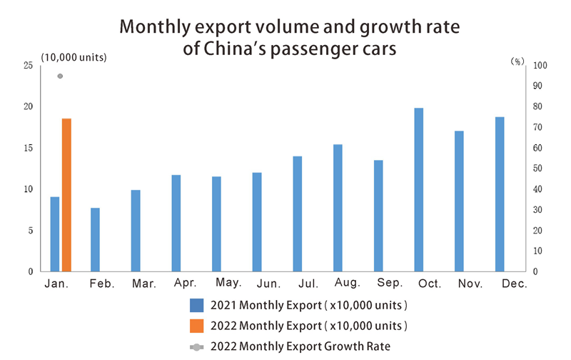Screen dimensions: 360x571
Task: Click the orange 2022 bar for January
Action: point(66,195)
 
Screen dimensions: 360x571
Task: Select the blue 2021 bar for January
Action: point(54,234)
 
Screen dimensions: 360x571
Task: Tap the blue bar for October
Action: point(419,189)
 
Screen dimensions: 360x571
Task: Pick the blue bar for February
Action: point(95,239)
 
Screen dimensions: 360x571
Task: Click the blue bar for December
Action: point(500,194)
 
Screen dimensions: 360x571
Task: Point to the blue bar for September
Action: point(378,216)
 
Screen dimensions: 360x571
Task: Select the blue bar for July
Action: point(298,214)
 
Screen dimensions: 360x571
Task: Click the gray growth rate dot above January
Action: point(60,76)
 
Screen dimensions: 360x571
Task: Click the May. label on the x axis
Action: point(229,284)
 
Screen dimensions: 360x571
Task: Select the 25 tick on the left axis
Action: point(29,66)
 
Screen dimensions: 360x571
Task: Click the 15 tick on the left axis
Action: point(29,149)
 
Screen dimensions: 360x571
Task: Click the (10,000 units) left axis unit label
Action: point(74,57)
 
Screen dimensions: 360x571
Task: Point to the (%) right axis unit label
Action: point(516,62)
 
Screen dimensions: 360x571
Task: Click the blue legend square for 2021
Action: point(197,306)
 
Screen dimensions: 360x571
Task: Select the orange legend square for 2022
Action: point(197,326)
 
